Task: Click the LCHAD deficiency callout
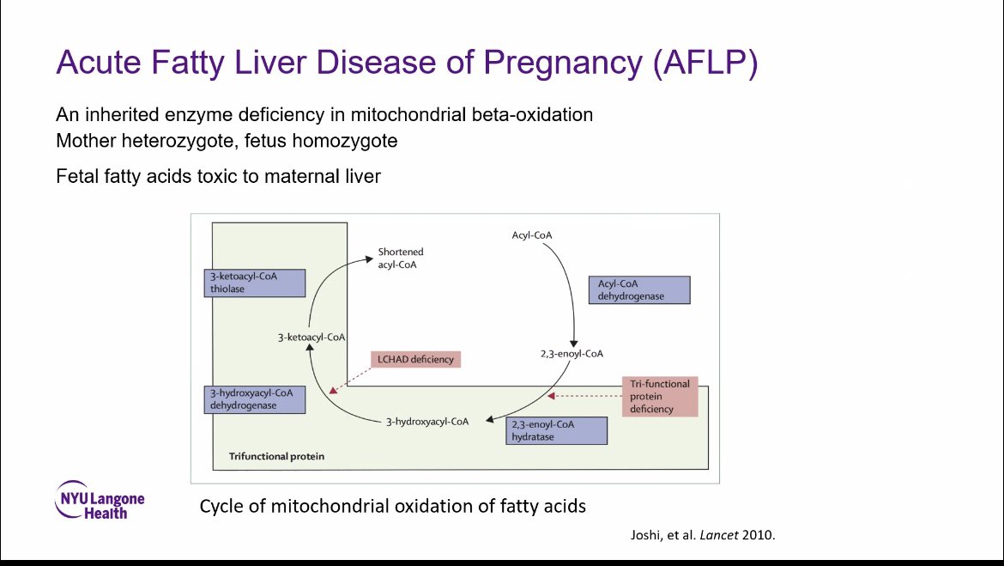415,359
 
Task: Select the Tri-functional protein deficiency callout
659,396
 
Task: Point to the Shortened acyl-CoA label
401,259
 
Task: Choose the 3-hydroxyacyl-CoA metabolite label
426,422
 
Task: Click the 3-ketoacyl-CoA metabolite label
311,338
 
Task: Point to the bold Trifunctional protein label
276,456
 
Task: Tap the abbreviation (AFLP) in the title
705,64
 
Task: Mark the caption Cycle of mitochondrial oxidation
392,505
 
